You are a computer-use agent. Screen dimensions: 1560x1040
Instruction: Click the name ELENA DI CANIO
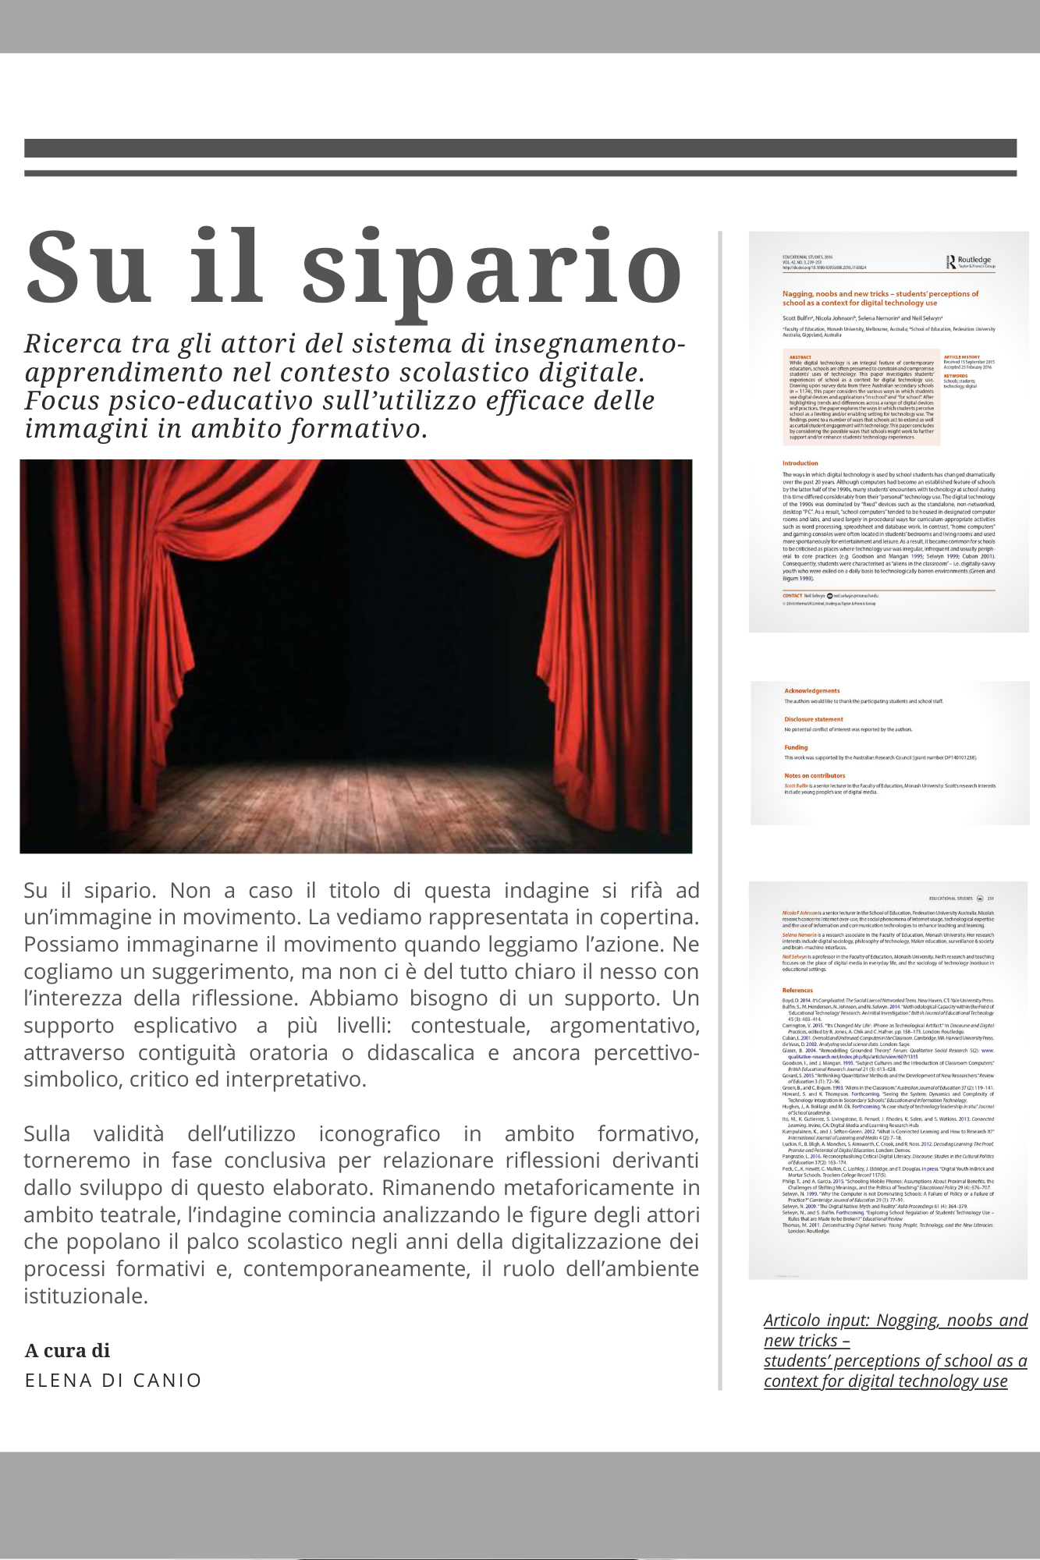click(113, 1381)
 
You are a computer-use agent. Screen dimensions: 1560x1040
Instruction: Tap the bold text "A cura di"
click(67, 1351)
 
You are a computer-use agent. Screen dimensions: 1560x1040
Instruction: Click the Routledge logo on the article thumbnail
click(971, 262)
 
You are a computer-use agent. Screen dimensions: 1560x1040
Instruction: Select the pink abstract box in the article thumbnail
click(861, 397)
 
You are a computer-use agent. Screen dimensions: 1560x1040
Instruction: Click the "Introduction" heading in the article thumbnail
click(800, 463)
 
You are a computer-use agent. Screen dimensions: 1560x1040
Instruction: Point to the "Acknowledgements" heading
click(812, 691)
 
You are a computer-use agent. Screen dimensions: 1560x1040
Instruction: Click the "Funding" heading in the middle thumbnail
click(796, 747)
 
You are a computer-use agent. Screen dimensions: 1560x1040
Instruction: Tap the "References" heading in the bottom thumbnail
click(797, 991)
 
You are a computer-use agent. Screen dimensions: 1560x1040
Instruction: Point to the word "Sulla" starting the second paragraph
click(47, 1133)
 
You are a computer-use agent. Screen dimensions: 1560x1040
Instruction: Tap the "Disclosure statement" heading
click(814, 719)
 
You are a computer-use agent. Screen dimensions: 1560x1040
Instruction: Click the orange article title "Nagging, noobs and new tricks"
click(836, 294)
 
